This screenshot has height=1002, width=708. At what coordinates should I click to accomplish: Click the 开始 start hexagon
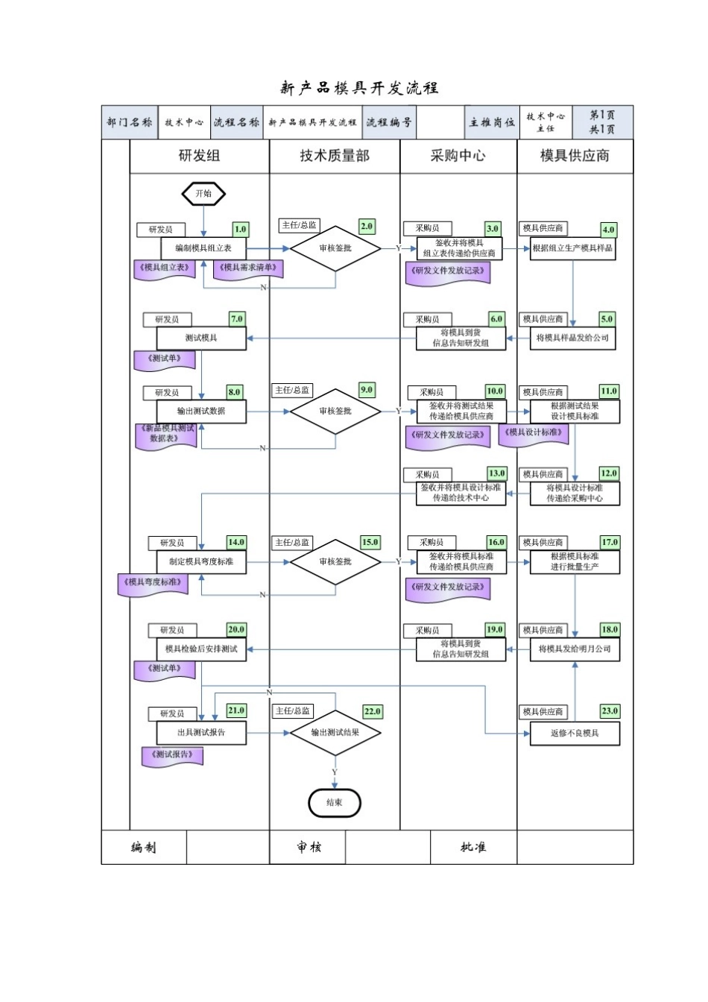click(x=203, y=194)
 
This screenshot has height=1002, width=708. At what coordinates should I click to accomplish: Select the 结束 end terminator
click(x=335, y=803)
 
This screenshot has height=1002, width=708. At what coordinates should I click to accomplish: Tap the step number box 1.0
click(x=240, y=230)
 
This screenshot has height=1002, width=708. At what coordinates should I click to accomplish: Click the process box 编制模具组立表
click(x=203, y=248)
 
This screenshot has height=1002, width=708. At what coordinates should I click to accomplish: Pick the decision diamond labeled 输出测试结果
click(x=335, y=732)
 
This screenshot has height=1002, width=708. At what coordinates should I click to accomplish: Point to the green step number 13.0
click(x=496, y=473)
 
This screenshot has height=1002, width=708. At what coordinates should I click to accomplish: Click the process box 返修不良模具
click(x=575, y=734)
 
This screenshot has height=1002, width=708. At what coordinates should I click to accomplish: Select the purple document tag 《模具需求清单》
click(x=248, y=268)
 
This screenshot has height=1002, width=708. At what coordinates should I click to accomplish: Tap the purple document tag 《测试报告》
click(x=173, y=755)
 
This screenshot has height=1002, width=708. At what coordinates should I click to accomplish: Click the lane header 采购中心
click(x=458, y=156)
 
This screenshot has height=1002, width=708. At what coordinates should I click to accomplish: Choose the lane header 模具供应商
click(x=575, y=156)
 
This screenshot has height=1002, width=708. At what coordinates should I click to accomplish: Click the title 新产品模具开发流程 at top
click(x=359, y=88)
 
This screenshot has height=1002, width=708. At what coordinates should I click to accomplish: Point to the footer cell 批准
click(x=473, y=848)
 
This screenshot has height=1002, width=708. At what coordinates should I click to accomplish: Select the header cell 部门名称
click(x=130, y=122)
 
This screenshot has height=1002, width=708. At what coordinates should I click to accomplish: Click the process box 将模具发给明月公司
click(x=575, y=649)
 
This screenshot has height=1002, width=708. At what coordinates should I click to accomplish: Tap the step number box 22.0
click(x=372, y=712)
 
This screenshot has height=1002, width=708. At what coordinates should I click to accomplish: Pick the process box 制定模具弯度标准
click(x=201, y=561)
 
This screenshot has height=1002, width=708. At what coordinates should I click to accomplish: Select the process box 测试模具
click(x=201, y=338)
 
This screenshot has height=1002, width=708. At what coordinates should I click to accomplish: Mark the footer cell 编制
click(x=144, y=848)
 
